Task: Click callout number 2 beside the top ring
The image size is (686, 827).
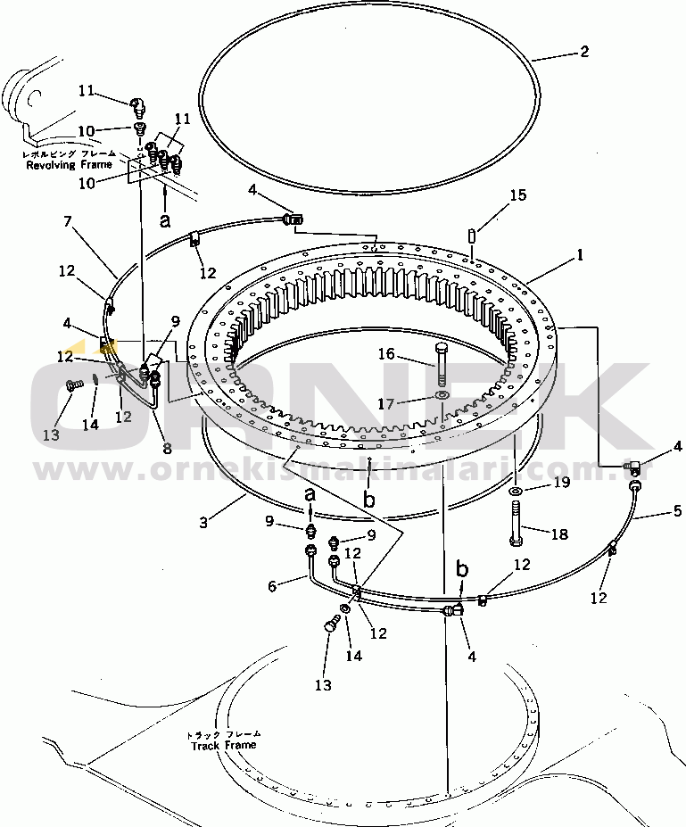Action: pyautogui.click(x=584, y=52)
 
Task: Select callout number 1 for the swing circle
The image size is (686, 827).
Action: pyautogui.click(x=580, y=254)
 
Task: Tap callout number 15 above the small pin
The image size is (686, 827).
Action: pyautogui.click(x=518, y=195)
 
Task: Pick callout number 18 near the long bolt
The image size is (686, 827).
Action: pyautogui.click(x=559, y=534)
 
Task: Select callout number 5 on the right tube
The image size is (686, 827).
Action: pyautogui.click(x=677, y=512)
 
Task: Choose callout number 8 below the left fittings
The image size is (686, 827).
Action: pyautogui.click(x=167, y=450)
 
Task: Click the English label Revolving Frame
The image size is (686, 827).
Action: pyautogui.click(x=69, y=165)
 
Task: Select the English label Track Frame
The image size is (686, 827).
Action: pyautogui.click(x=223, y=745)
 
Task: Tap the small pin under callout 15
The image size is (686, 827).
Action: pyautogui.click(x=471, y=235)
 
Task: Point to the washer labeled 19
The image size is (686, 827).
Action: pyautogui.click(x=516, y=492)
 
